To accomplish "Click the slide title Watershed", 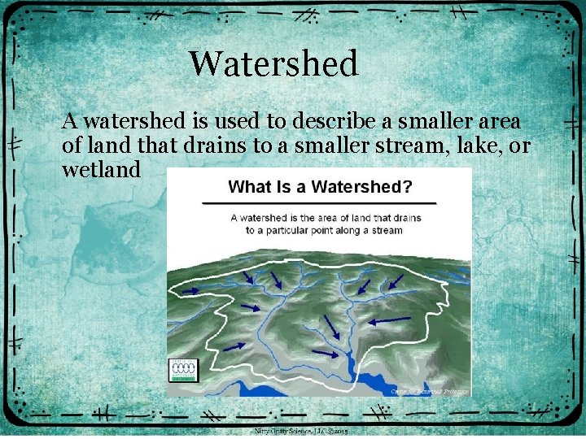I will (273, 64).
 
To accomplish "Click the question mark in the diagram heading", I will (407, 187).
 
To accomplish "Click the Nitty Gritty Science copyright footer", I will (301, 431).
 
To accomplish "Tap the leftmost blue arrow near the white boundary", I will (234, 346).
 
